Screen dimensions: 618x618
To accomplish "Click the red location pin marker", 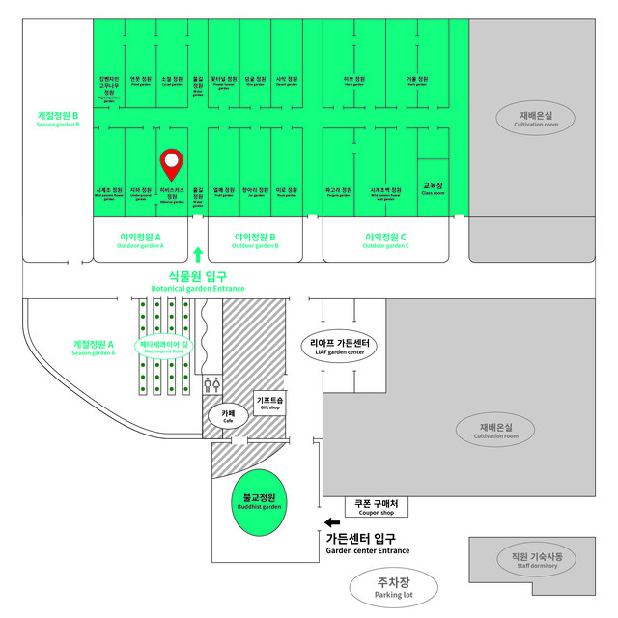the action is point(172,164).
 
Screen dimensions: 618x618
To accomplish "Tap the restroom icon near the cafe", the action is point(213,383).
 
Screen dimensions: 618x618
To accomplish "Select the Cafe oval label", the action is point(229,417).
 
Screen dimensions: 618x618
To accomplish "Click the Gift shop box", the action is point(269,403).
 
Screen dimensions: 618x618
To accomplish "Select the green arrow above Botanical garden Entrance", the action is point(198,255).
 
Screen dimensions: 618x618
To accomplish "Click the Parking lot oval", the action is point(394,587).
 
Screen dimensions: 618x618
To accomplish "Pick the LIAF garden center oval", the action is point(338,346).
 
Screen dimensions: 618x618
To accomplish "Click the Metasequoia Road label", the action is point(162,346).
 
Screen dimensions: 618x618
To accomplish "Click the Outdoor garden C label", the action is point(385,240).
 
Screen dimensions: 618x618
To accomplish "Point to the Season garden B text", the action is point(58,119).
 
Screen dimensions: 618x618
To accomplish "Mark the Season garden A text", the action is point(94,347).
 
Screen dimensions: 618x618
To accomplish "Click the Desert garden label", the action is point(287,81).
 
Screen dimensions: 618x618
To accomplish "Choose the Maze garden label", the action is point(287,192).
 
